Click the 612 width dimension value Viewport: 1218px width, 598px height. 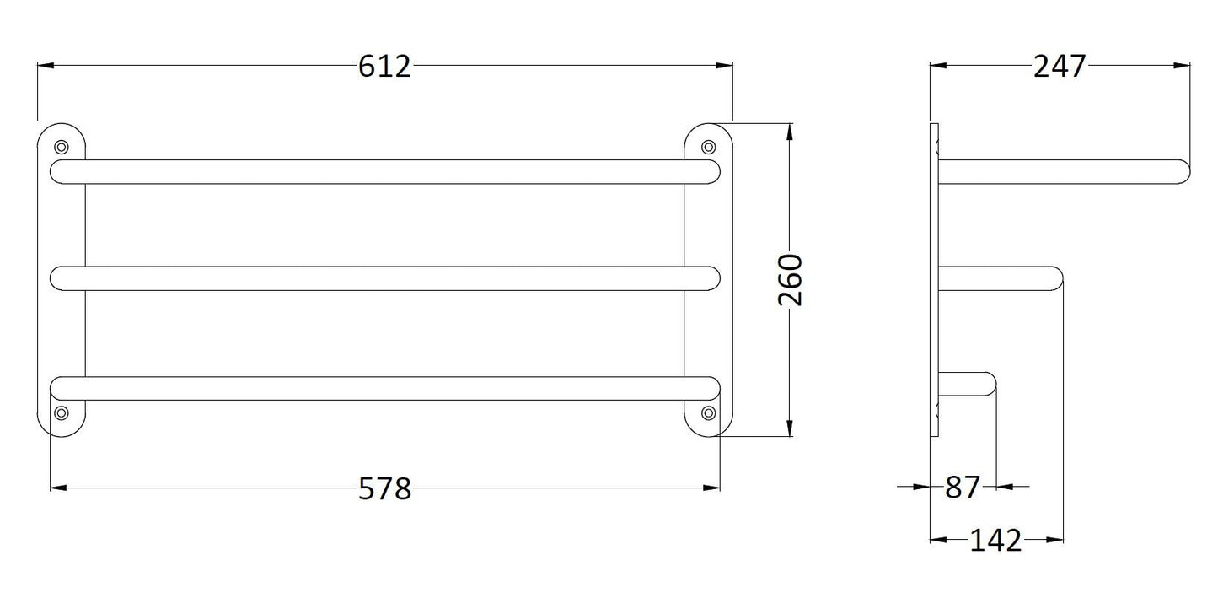(384, 66)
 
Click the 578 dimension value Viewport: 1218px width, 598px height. (384, 488)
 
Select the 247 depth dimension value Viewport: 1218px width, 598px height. (1060, 66)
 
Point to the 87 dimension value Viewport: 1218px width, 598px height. (963, 488)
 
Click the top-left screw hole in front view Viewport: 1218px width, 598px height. (61, 146)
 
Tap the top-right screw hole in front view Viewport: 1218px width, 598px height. (708, 146)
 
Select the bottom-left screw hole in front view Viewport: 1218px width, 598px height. (61, 412)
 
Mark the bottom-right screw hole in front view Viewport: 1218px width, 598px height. (708, 412)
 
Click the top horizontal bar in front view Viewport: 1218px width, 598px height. (384, 171)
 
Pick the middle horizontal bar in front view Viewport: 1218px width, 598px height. (384, 279)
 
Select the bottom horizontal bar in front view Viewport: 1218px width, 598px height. (384, 387)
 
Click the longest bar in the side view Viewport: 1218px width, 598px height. (1062, 171)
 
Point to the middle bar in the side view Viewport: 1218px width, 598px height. (999, 279)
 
